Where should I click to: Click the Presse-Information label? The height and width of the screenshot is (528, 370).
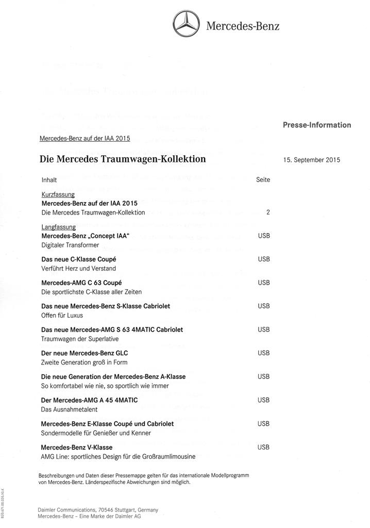[x=316, y=125]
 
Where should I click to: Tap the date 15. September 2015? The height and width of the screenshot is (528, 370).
[x=311, y=160]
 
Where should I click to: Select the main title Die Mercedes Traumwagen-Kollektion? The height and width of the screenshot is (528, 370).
[x=123, y=159]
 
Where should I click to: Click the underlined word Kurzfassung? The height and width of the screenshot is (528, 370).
[x=58, y=194]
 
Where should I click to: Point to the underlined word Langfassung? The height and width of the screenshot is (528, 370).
[x=58, y=227]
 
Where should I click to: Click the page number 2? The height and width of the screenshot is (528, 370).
[x=268, y=212]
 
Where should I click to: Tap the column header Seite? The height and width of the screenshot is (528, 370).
[x=263, y=179]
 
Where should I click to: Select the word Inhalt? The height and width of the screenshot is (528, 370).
[x=49, y=180]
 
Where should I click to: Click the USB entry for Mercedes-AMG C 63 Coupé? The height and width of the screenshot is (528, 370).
[x=263, y=283]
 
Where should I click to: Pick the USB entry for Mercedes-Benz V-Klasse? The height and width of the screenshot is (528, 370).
[x=263, y=447]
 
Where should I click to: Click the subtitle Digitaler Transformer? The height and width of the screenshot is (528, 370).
[x=70, y=245]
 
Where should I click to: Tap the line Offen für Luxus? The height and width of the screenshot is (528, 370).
[x=62, y=315]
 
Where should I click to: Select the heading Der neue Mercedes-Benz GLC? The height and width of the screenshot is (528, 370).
[x=85, y=353]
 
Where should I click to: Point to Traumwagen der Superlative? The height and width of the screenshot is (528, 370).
[x=80, y=339]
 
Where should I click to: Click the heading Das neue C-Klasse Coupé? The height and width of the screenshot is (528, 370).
[x=78, y=259]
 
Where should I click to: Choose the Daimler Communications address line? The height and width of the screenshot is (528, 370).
[x=98, y=509]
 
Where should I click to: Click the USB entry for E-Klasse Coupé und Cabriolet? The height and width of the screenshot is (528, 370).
[x=263, y=423]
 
